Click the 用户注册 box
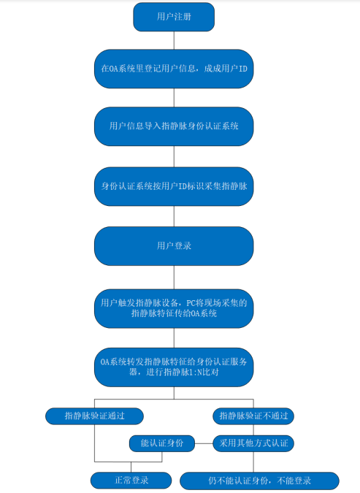point(174,17)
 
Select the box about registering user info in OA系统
point(174,69)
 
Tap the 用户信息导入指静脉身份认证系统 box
point(174,126)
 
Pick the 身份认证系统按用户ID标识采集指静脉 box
point(174,186)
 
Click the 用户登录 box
point(174,246)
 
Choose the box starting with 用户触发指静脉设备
point(174,308)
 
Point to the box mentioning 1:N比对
point(174,367)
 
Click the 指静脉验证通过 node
point(95,416)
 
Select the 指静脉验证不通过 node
point(253,416)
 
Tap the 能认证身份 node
point(162,443)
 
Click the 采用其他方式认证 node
point(253,443)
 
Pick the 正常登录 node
point(131,481)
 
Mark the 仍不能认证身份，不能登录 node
point(259,481)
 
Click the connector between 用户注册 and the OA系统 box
point(174,40)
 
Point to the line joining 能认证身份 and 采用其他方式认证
point(204,443)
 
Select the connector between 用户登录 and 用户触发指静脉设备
point(174,278)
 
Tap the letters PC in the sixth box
point(191,303)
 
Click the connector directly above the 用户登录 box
point(174,216)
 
